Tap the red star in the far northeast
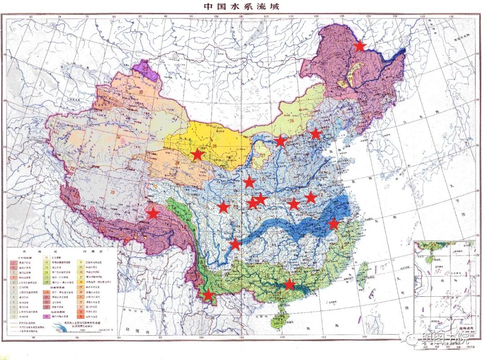tap(360, 45)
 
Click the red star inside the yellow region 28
tap(197, 154)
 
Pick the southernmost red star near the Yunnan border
tap(208, 294)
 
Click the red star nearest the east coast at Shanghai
tap(333, 224)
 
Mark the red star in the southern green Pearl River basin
tap(289, 284)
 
